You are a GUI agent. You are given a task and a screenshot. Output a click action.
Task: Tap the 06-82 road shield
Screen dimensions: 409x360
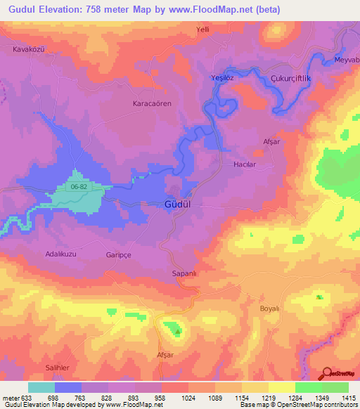pos(79,187)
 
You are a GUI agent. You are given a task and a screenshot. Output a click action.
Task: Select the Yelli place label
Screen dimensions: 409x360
pos(204,30)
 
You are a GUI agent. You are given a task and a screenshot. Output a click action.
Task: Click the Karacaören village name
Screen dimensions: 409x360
pos(152,103)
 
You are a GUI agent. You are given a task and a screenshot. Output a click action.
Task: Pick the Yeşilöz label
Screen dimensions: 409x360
pos(224,78)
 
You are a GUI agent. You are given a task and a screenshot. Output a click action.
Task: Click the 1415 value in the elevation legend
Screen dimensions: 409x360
pos(349,398)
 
